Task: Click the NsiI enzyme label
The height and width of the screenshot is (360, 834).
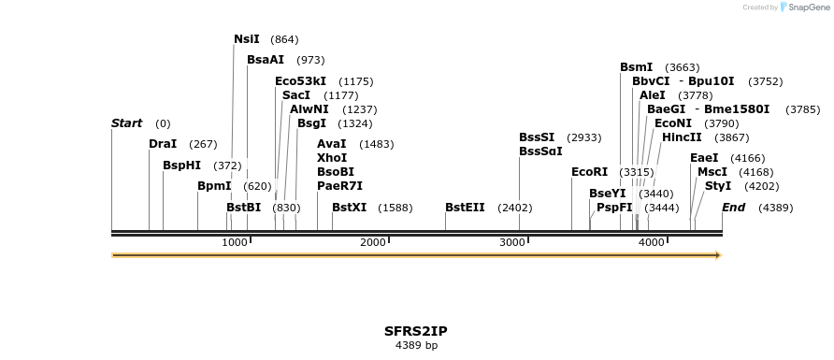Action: point(247,39)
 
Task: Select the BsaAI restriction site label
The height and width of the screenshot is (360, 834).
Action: point(266,60)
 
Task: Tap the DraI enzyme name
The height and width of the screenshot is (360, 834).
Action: point(163,144)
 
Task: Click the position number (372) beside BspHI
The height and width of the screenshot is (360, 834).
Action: point(227,166)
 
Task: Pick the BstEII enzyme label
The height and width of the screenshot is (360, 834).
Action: point(465,208)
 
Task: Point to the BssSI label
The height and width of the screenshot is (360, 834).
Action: point(537,137)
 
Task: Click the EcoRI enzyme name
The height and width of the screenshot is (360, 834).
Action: point(590,172)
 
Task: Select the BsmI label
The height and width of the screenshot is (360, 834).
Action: point(637,67)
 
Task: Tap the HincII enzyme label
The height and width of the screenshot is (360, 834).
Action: point(682,137)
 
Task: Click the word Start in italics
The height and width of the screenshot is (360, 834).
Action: point(126,123)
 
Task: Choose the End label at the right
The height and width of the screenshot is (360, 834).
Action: point(733,208)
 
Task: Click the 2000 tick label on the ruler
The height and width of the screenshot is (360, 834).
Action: point(373,243)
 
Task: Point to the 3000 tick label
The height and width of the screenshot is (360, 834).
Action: point(512,243)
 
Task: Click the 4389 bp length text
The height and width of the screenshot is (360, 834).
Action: point(416,346)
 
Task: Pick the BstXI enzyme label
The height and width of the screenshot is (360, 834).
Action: point(350,208)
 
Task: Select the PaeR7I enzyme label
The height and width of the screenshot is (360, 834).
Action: point(339,186)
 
